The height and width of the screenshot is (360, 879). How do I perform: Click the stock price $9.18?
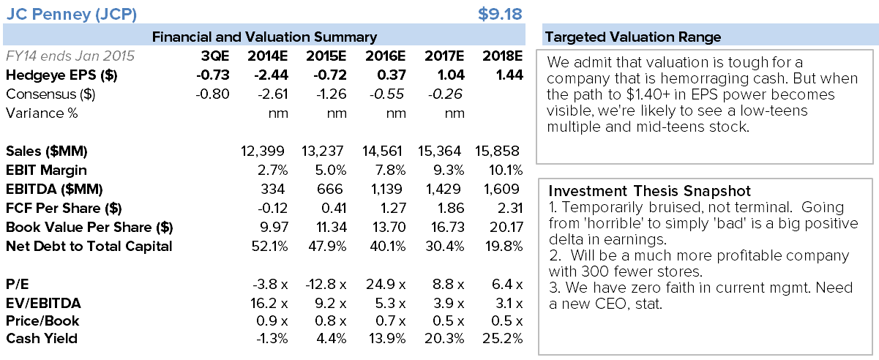(x=500, y=13)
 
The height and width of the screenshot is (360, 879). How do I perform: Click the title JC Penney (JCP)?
(x=70, y=13)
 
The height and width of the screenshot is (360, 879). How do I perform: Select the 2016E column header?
(x=384, y=56)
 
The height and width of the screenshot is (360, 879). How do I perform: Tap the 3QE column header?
(x=215, y=56)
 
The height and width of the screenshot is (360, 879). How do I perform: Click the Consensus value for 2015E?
(x=322, y=94)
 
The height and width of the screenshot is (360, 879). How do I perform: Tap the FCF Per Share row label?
(x=64, y=208)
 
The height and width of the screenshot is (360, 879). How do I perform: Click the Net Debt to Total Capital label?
(x=89, y=246)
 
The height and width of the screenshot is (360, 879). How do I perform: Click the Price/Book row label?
(x=42, y=320)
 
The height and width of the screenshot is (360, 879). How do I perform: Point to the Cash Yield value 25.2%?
(x=504, y=338)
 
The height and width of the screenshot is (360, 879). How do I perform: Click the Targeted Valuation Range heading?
(x=632, y=37)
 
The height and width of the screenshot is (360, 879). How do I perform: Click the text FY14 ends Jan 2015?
(x=70, y=56)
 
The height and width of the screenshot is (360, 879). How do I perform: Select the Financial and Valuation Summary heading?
(x=264, y=37)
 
